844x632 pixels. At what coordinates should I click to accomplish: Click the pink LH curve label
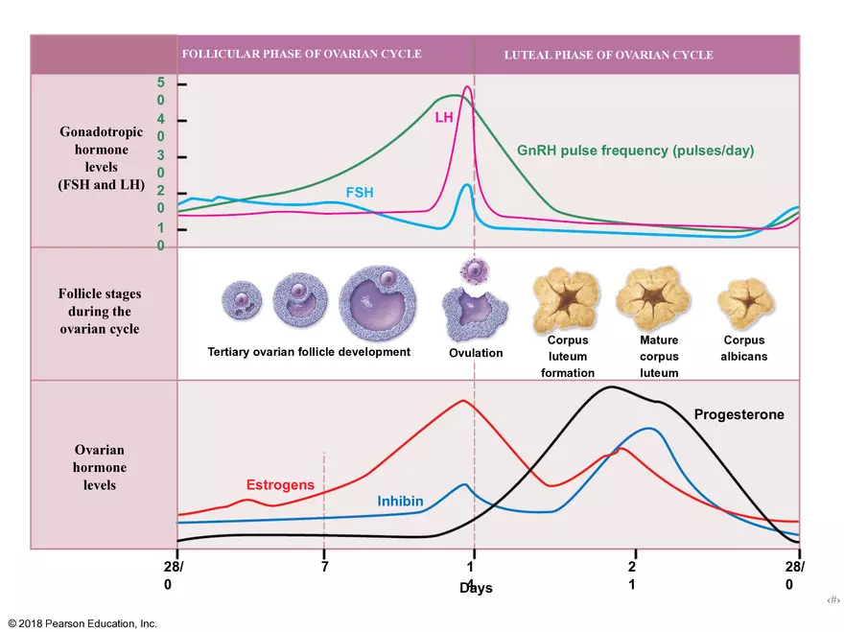pyautogui.click(x=443, y=117)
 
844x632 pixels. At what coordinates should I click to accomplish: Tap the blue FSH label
pyautogui.click(x=360, y=193)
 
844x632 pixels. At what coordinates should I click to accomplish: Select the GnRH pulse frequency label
pyautogui.click(x=635, y=151)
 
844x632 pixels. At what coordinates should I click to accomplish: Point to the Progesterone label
pyautogui.click(x=738, y=414)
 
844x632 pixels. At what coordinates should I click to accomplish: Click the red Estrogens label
pyautogui.click(x=280, y=485)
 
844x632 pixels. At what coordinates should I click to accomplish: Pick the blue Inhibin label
pyautogui.click(x=400, y=502)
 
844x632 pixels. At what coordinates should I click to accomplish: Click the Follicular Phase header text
pyautogui.click(x=301, y=54)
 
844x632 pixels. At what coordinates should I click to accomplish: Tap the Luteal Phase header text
pyautogui.click(x=608, y=55)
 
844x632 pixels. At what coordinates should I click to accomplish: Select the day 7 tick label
pyautogui.click(x=324, y=566)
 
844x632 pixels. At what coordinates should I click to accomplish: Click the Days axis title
pyautogui.click(x=476, y=587)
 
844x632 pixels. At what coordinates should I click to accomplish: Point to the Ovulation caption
pyautogui.click(x=476, y=353)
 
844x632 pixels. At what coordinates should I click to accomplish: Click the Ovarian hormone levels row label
pyautogui.click(x=100, y=467)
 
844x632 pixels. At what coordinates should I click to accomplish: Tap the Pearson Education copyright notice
pyautogui.click(x=82, y=623)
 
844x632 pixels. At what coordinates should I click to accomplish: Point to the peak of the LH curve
pyautogui.click(x=467, y=87)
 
